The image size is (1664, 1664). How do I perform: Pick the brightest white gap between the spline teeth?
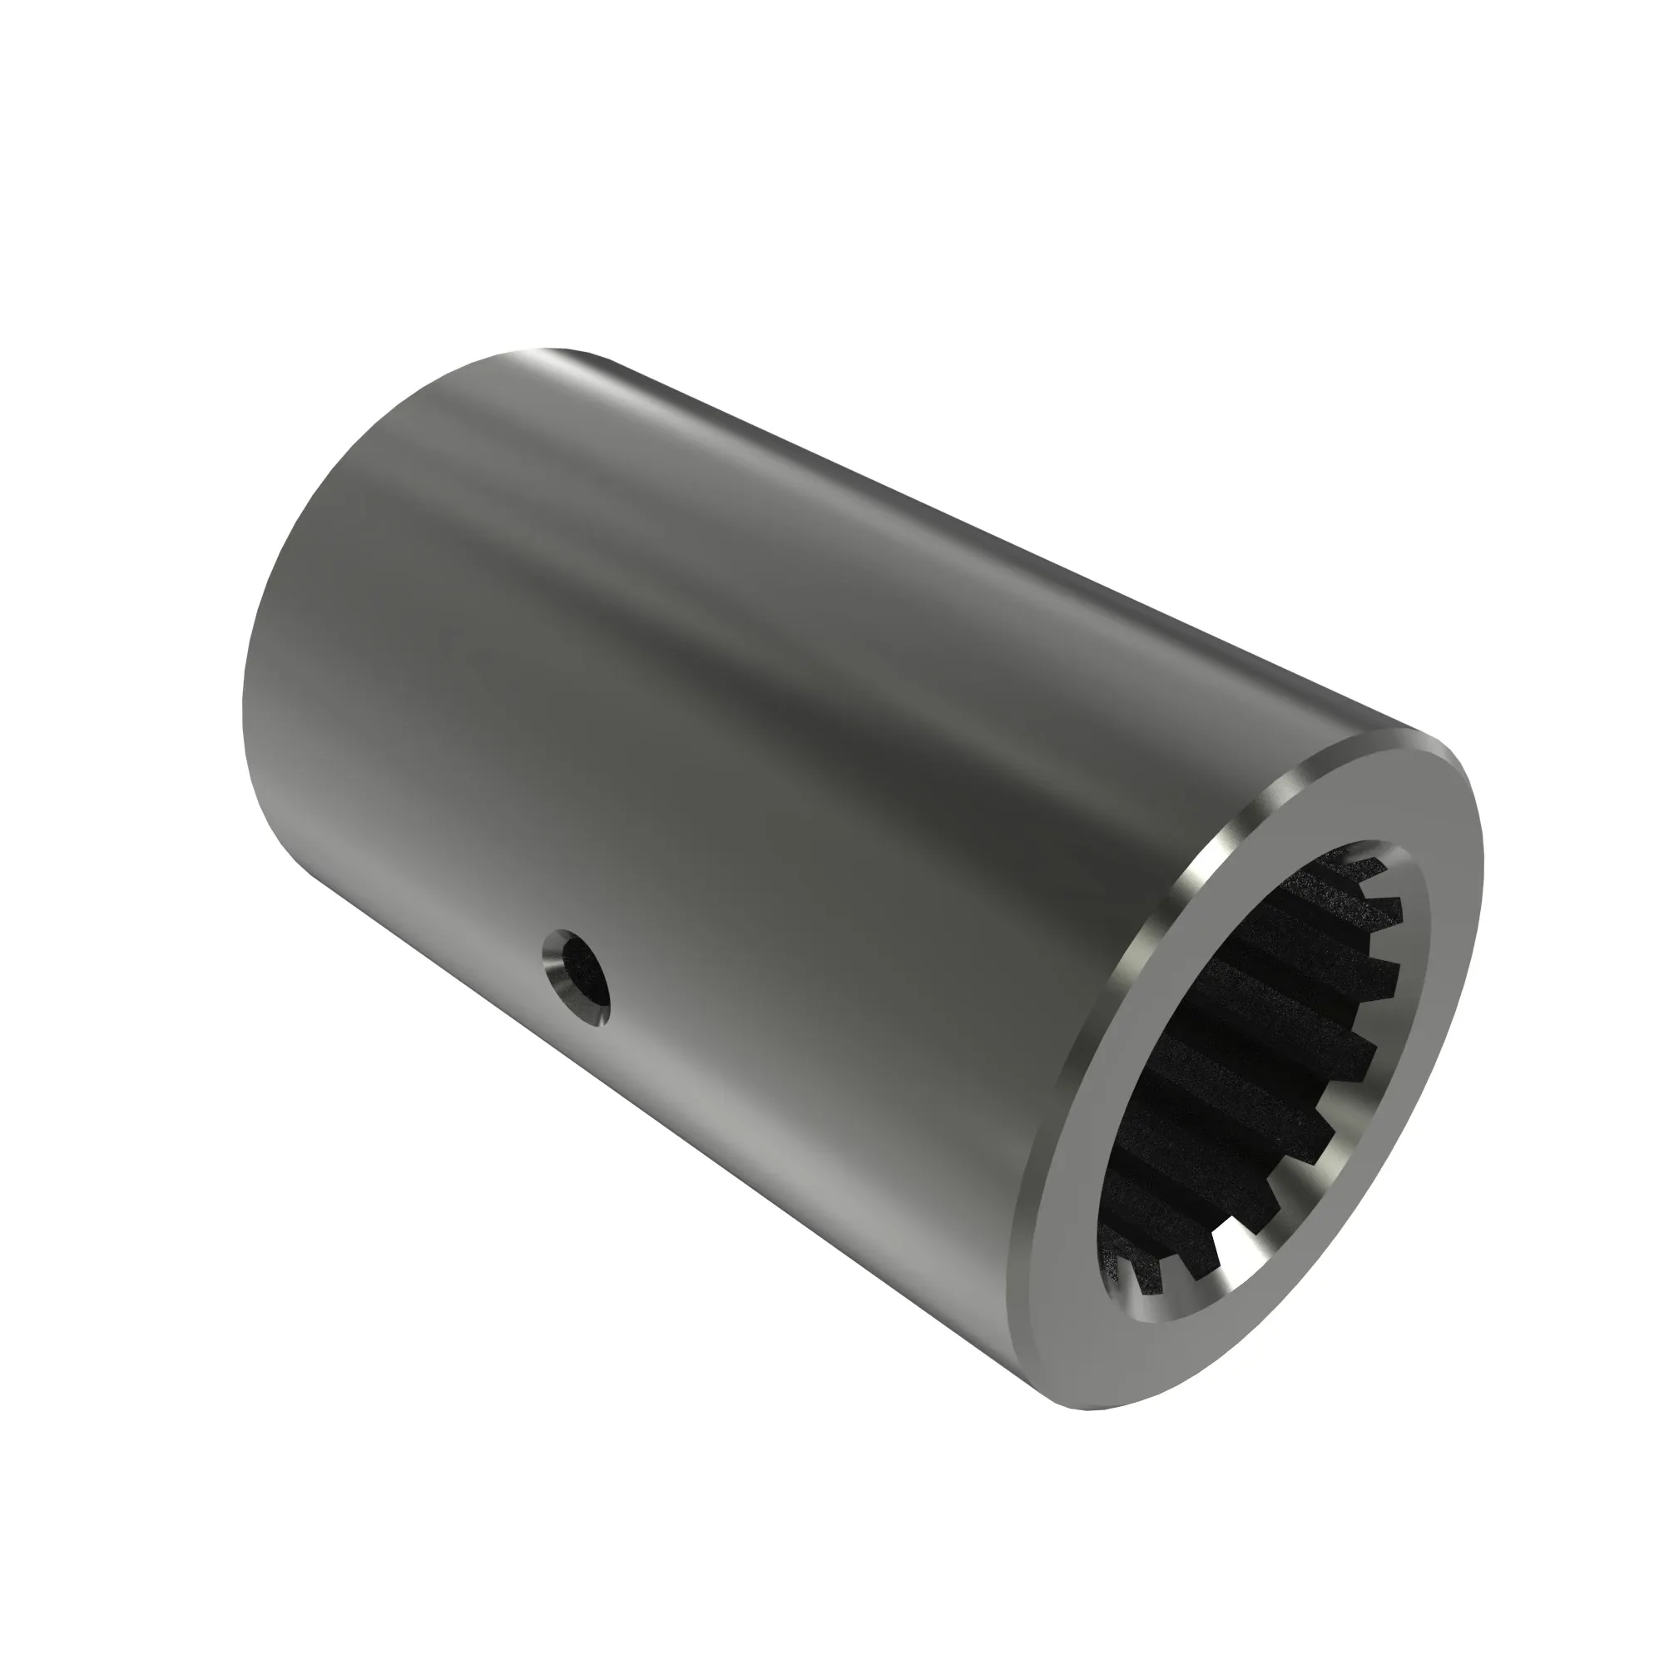click(1241, 1283)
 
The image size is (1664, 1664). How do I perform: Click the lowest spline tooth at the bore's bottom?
click(1146, 1292)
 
